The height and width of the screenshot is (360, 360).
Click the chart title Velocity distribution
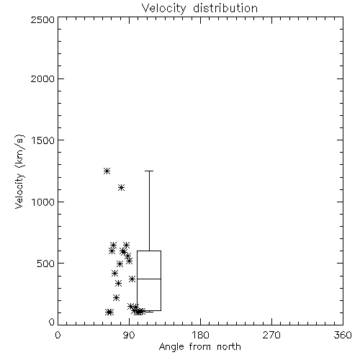[199, 9]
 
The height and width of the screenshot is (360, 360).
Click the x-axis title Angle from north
[199, 347]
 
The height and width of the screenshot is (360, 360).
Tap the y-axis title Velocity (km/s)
[19, 171]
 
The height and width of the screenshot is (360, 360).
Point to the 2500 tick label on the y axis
[42, 19]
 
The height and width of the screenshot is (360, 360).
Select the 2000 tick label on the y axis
[42, 78]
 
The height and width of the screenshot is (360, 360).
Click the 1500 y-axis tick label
[43, 140]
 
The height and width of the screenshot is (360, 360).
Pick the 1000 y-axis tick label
[43, 202]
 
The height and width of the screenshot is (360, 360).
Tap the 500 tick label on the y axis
[46, 264]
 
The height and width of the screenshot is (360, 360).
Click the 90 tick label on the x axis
[129, 335]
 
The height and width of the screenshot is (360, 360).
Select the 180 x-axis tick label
[200, 335]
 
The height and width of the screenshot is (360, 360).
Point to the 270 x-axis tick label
[271, 335]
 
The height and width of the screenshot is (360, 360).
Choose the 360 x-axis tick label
[343, 335]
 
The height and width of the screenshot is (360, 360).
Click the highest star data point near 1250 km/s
[107, 171]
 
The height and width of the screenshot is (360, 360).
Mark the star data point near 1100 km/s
[122, 187]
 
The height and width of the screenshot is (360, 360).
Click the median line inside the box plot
[149, 279]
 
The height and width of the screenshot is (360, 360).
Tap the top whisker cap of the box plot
[149, 171]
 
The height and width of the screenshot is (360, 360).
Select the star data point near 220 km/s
[116, 298]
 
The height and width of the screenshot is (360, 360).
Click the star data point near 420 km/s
[114, 273]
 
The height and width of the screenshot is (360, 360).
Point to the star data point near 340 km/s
[118, 284]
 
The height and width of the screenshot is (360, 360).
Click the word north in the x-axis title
[229, 347]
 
